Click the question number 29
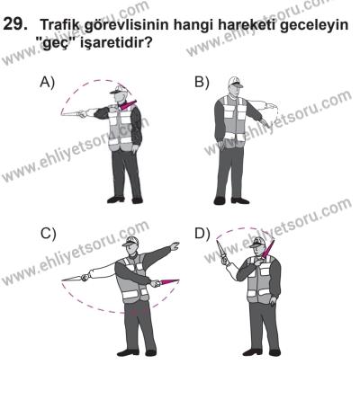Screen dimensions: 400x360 click(x=17, y=28)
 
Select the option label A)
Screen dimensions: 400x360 click(x=48, y=82)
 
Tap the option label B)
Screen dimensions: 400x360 click(x=202, y=82)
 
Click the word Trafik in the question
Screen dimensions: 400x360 click(x=61, y=29)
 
